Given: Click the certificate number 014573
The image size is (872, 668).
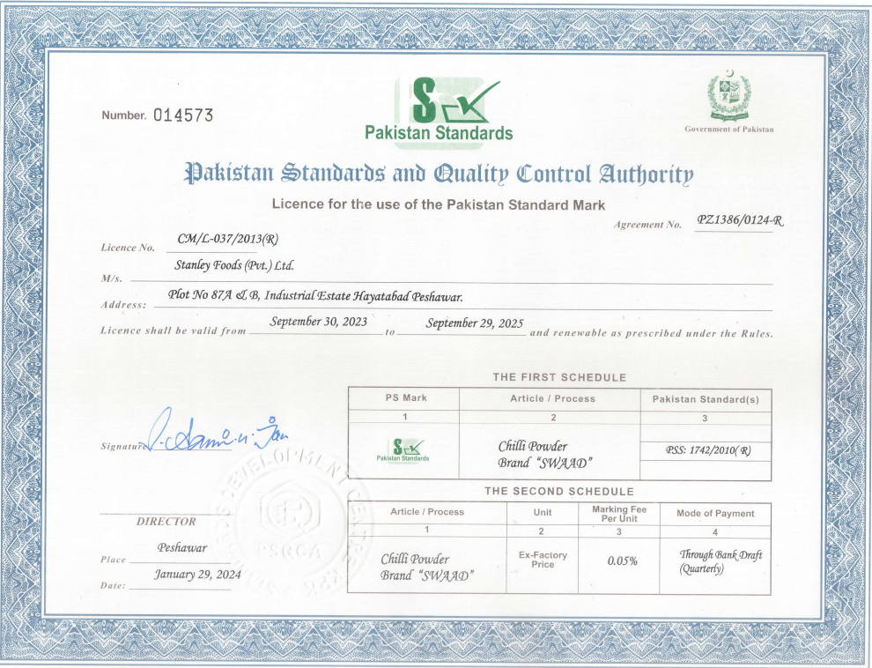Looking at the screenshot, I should click(183, 115).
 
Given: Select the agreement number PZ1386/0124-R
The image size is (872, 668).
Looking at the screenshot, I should click(739, 220).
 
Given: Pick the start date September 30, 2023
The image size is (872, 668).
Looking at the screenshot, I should click(319, 323).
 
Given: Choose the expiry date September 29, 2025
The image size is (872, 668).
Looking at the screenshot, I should click(475, 323).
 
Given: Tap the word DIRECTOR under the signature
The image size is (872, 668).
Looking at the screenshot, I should click(166, 521).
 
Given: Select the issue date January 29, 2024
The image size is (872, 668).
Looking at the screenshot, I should click(197, 575).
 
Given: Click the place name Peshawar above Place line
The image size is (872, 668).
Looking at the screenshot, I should click(182, 547).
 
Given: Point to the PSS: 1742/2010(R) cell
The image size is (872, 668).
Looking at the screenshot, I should click(708, 450).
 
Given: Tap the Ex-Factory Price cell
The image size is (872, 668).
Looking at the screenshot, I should click(543, 560).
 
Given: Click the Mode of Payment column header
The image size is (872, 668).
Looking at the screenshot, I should click(715, 513).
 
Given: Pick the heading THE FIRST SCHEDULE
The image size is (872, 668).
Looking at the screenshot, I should click(559, 377).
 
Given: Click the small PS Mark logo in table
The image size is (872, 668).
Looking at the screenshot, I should click(403, 449).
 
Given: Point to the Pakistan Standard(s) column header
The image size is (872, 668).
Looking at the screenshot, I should click(706, 399).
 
